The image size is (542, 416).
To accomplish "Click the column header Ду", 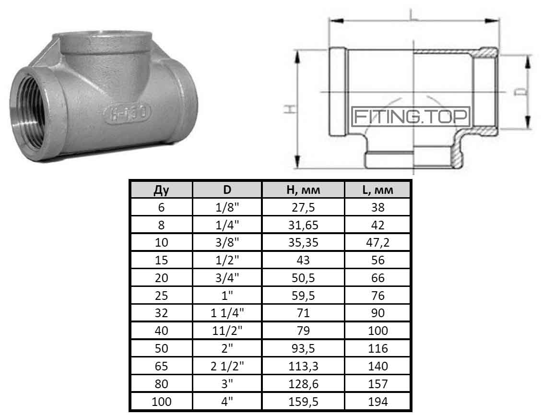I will click(x=161, y=190).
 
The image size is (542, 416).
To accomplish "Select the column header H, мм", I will click(x=303, y=190).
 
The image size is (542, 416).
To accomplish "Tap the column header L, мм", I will click(x=377, y=190).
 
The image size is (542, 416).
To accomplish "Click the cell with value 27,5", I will click(x=303, y=208).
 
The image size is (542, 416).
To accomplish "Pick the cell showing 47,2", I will click(x=377, y=243).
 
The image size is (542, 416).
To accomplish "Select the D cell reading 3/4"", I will click(x=227, y=278).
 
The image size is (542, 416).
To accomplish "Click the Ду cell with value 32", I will click(x=161, y=313).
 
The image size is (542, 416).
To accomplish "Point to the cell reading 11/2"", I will click(x=227, y=331).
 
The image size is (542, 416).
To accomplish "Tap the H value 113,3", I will click(x=303, y=367).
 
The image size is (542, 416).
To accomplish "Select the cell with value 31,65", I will click(x=303, y=225).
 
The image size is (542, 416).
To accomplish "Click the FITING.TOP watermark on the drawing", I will click(x=412, y=116).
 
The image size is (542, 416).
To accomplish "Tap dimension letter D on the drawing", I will click(x=522, y=91).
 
